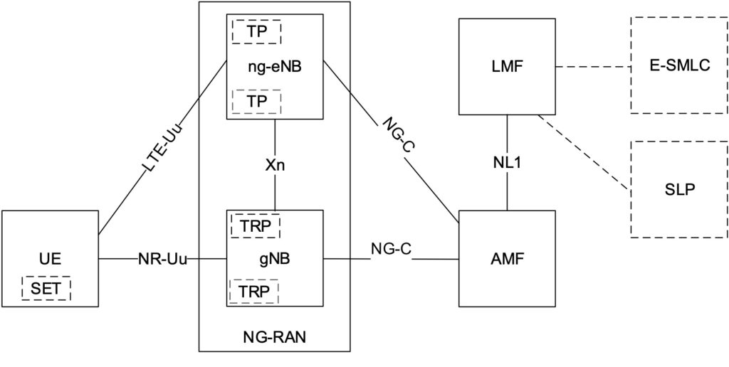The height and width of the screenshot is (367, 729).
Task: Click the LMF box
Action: [507, 66]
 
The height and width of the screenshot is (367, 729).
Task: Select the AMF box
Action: [507, 258]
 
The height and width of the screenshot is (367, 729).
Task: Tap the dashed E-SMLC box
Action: [679, 65]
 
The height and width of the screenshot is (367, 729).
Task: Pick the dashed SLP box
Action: [679, 189]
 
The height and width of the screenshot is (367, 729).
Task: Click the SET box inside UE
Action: [46, 288]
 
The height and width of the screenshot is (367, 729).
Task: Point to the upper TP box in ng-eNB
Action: [256, 31]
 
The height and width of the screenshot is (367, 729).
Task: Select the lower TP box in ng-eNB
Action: [256, 101]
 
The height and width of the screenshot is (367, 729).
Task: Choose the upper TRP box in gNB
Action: [256, 225]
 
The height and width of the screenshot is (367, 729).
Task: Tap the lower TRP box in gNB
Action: [254, 292]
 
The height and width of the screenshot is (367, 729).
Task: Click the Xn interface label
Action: [275, 166]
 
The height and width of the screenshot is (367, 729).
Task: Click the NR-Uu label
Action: [163, 259]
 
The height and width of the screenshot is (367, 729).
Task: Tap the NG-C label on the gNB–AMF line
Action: [391, 249]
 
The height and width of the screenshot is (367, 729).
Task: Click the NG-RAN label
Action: [275, 337]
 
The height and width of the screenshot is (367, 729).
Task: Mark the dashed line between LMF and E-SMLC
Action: [593, 66]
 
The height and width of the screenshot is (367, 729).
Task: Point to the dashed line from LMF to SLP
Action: [584, 152]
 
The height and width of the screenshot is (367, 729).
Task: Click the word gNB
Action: [276, 259]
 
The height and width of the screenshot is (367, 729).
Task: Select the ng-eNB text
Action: [275, 66]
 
